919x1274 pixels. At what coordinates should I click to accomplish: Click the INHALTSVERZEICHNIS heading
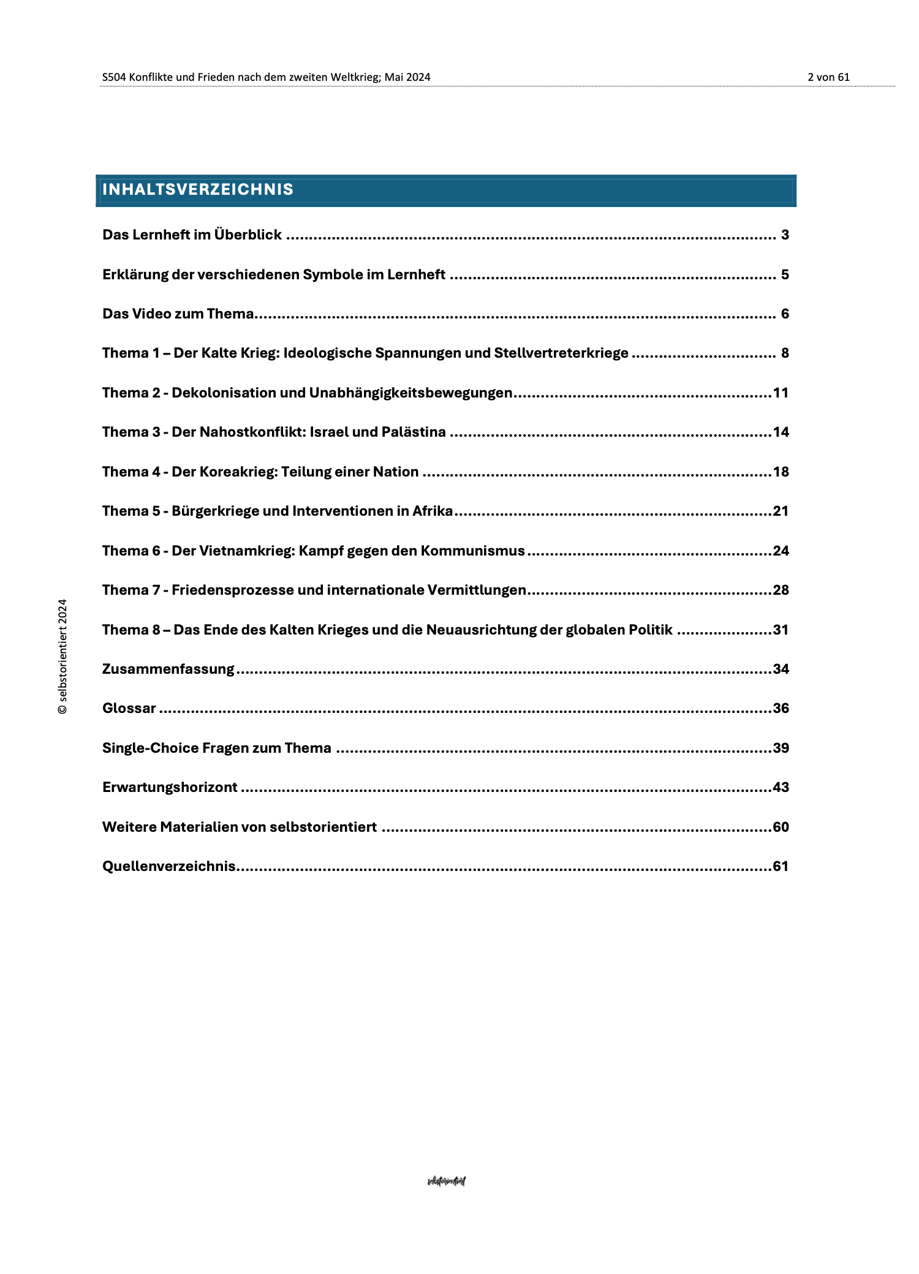(198, 190)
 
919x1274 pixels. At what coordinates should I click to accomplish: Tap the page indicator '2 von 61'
(828, 77)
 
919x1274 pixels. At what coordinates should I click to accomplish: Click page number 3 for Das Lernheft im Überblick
(785, 235)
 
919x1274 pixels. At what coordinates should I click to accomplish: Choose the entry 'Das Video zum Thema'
(178, 314)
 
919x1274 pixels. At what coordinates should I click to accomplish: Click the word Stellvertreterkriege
(561, 353)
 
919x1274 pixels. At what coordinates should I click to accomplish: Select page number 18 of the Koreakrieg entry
(781, 472)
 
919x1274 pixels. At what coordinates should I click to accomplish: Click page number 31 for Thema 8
(781, 630)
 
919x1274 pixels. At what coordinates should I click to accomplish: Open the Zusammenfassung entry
(168, 669)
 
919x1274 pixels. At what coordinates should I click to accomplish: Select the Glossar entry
(129, 709)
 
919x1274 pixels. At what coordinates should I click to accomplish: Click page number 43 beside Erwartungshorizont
(781, 788)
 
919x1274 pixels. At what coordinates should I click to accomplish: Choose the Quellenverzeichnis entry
(168, 867)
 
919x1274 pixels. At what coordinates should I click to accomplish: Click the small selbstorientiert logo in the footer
(446, 1182)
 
